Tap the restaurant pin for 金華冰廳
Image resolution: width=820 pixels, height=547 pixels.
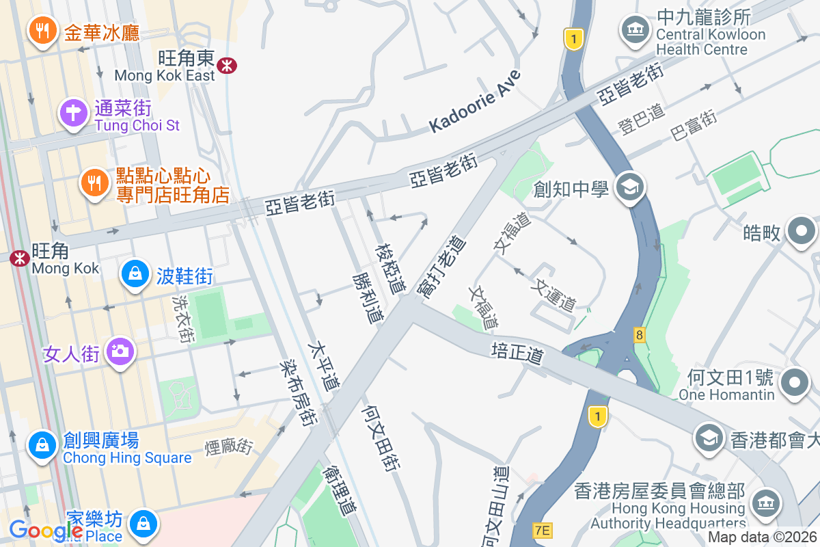(42, 31)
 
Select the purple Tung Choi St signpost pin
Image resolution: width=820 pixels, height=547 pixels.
(74, 114)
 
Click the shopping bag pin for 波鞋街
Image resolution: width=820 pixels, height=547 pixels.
(135, 274)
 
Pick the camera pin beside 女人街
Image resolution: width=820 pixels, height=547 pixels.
(120, 351)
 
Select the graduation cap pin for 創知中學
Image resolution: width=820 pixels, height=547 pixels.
(629, 187)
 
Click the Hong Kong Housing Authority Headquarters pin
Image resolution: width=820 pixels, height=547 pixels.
(765, 503)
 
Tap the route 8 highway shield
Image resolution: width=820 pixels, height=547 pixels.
(640, 334)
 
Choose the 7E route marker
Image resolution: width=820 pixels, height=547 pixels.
(542, 530)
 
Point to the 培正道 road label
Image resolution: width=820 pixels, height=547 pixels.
(517, 353)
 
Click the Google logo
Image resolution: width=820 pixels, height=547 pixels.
(46, 529)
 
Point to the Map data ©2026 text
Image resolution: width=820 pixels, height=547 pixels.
(762, 537)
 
